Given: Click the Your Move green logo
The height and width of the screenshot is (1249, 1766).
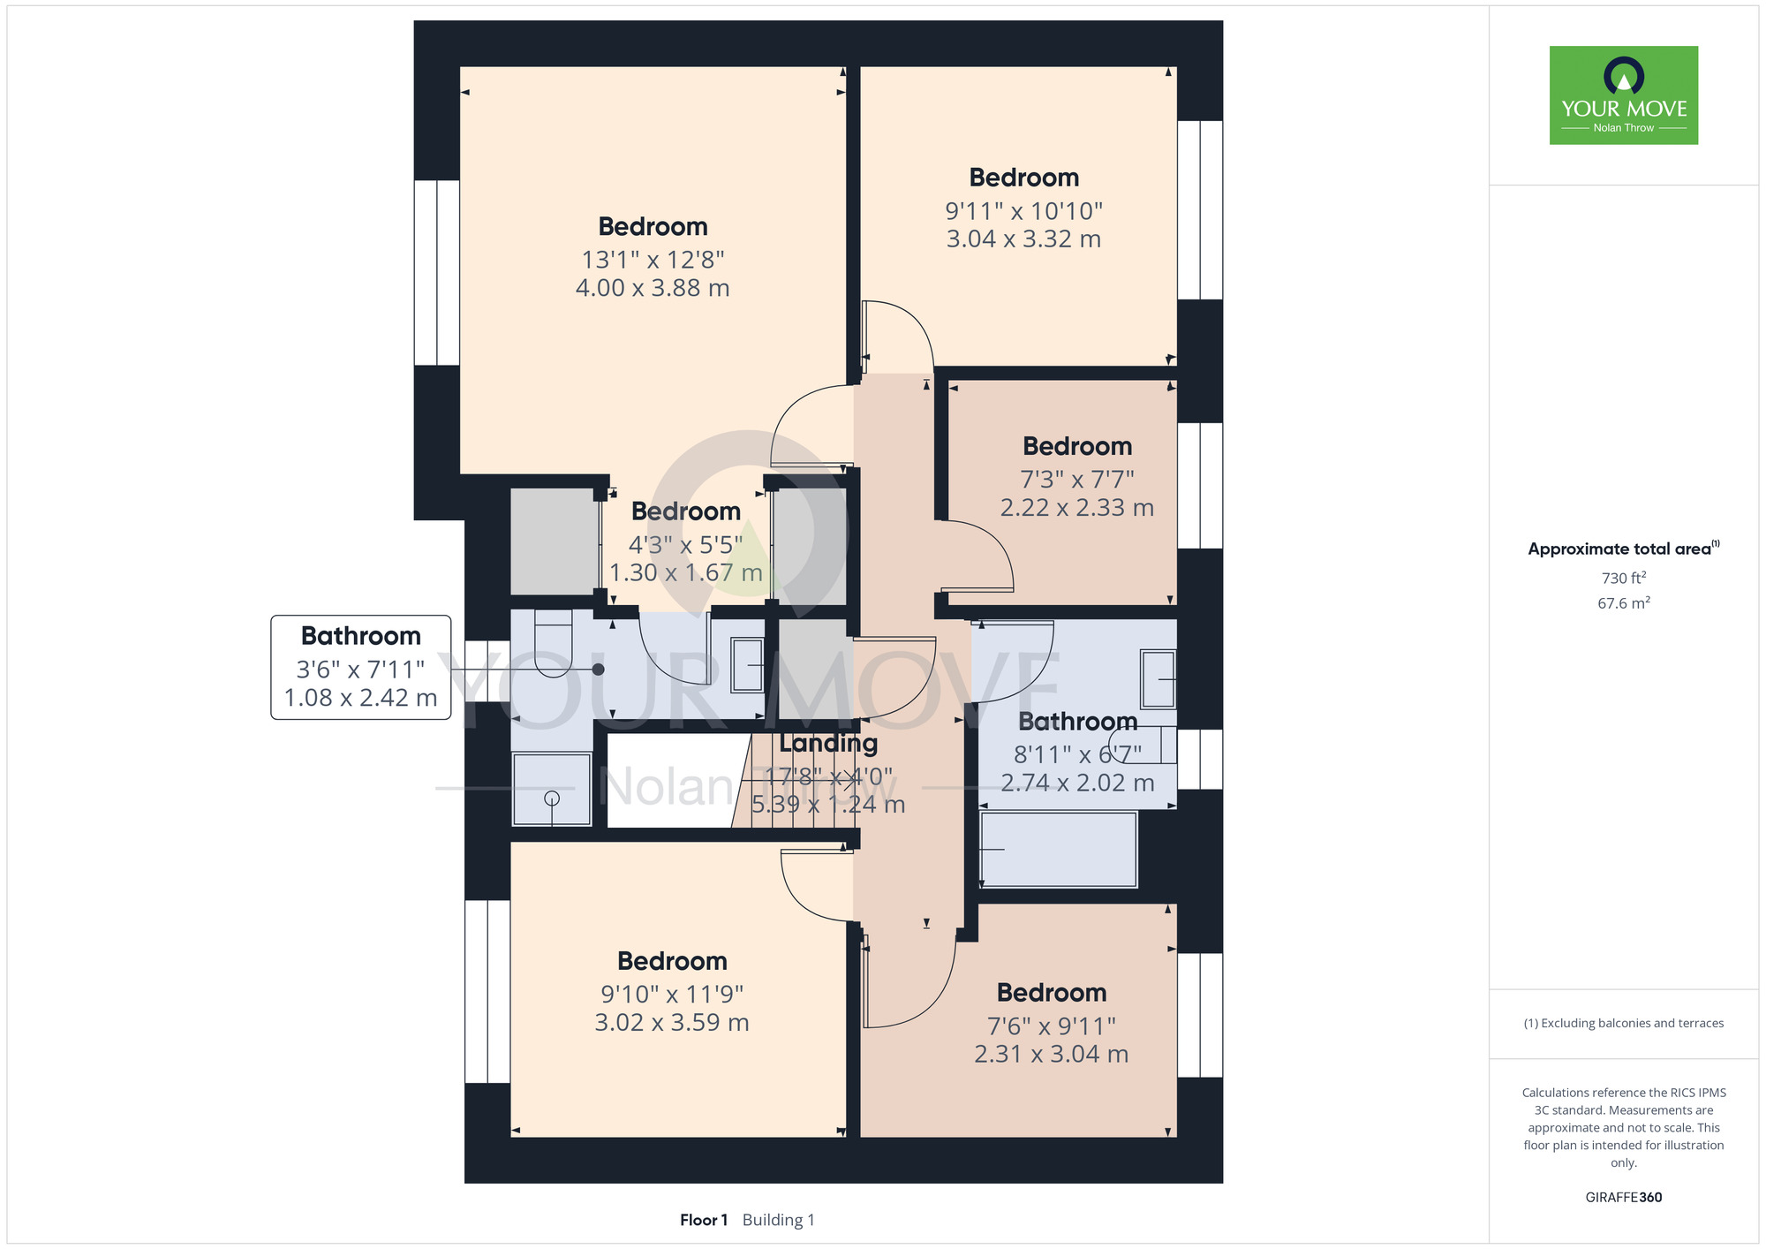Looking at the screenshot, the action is pyautogui.click(x=1624, y=95).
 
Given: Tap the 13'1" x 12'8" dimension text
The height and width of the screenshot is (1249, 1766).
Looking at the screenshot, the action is pyautogui.click(x=653, y=260).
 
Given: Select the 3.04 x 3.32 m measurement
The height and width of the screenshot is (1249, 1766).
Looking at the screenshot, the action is pyautogui.click(x=1023, y=238).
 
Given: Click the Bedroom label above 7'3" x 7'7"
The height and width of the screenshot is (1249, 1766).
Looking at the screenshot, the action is pyautogui.click(x=1077, y=446).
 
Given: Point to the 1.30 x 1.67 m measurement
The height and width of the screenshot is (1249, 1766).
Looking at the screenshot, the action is pyautogui.click(x=686, y=572).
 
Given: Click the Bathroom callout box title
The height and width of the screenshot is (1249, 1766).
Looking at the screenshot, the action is pyautogui.click(x=361, y=636).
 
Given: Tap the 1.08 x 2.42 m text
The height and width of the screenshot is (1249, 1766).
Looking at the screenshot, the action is pyautogui.click(x=361, y=698).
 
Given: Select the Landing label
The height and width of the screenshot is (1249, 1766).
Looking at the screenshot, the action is pyautogui.click(x=828, y=744).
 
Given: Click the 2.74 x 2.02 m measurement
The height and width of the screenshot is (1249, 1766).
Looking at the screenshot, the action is pyautogui.click(x=1077, y=783).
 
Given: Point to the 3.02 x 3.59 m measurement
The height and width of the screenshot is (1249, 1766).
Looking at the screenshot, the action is pyautogui.click(x=672, y=1022).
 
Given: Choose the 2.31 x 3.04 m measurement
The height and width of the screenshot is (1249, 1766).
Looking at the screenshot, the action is pyautogui.click(x=1052, y=1054).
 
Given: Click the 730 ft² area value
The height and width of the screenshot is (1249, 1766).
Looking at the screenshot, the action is pyautogui.click(x=1624, y=578).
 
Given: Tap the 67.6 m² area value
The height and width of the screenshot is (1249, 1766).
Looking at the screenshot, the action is pyautogui.click(x=1624, y=603).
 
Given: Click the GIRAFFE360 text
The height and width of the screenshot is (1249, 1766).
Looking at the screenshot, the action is pyautogui.click(x=1624, y=1198).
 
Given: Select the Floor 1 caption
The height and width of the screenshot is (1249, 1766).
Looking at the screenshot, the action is pyautogui.click(x=704, y=1220).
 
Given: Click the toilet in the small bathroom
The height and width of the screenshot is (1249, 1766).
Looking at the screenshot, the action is pyautogui.click(x=554, y=644).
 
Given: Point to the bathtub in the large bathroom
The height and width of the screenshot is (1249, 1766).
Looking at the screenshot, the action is pyautogui.click(x=1059, y=849).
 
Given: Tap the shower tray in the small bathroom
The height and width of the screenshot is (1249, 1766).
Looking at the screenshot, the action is pyautogui.click(x=552, y=789).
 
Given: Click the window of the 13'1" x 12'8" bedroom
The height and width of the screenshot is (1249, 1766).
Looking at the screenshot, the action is pyautogui.click(x=437, y=273).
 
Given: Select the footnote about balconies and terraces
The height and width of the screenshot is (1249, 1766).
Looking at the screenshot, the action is pyautogui.click(x=1624, y=1023).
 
